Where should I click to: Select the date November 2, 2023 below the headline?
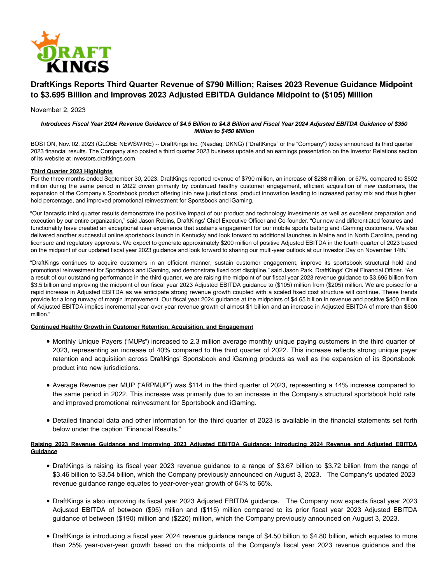click(x=58, y=110)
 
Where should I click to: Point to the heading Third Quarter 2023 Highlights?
click(x=71, y=171)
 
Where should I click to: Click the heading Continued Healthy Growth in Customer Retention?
click(x=142, y=327)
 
